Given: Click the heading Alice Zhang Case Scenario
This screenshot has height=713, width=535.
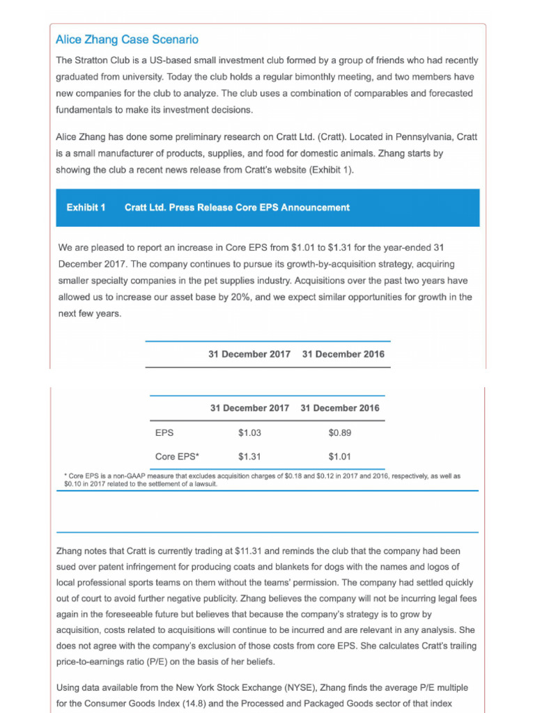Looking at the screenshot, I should [x=127, y=40].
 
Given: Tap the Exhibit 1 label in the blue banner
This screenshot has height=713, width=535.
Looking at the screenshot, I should [x=86, y=207].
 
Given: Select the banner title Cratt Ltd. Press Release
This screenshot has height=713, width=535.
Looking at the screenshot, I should [x=237, y=207].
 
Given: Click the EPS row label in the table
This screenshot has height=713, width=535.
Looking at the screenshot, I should [x=164, y=433].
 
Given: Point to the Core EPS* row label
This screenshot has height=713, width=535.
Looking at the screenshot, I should [x=177, y=457].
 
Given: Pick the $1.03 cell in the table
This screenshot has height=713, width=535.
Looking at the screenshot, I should [x=249, y=433].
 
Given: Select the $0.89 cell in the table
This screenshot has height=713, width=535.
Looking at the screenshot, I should [x=340, y=433].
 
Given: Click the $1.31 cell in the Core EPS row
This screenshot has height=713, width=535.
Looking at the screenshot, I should [x=249, y=457].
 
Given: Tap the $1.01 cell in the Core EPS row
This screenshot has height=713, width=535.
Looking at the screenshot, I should [x=340, y=457].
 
